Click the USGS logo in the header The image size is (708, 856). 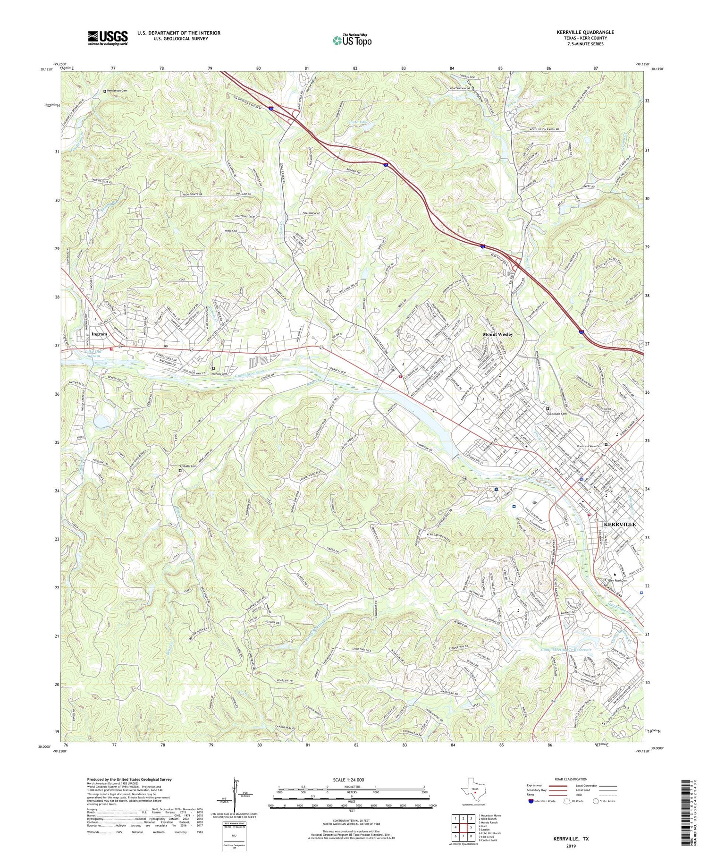[x=108, y=38]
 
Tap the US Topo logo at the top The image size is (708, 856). [x=352, y=41]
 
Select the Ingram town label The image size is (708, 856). [x=100, y=334]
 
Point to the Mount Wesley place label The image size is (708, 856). [x=497, y=334]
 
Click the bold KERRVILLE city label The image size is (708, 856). [x=620, y=524]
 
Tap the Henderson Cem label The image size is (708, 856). [x=117, y=91]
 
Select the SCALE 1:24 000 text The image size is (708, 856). [x=350, y=780]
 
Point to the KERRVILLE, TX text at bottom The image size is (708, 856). [x=571, y=839]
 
